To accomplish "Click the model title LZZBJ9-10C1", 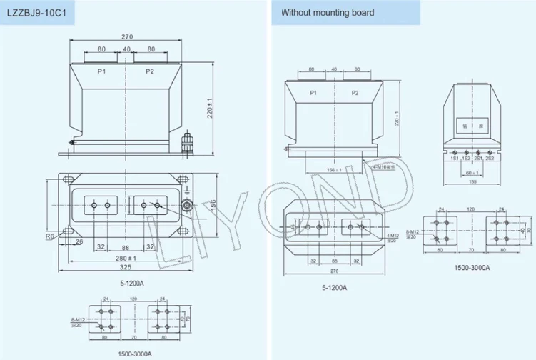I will (x=36, y=12).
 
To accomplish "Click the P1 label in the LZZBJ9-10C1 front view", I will (x=102, y=71).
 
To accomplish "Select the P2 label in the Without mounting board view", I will (x=355, y=94).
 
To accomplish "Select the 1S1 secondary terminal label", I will (x=454, y=158).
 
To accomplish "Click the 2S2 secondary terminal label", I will (x=490, y=158).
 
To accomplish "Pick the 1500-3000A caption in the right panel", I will (x=471, y=268).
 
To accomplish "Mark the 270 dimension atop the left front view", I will (x=127, y=36).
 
